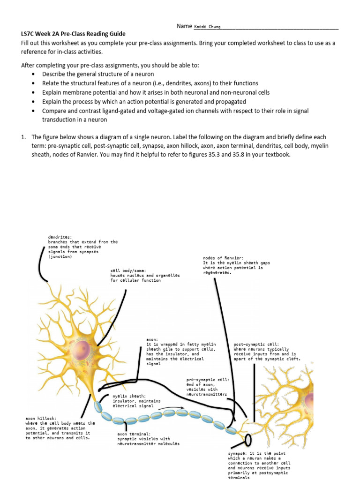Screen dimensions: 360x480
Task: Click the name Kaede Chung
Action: (x=207, y=27)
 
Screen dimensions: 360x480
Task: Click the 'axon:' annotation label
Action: (x=152, y=339)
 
